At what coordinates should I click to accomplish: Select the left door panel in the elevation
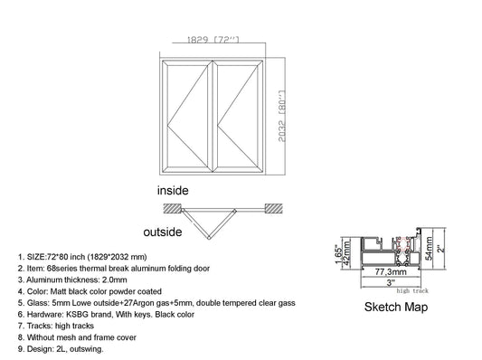[186, 118]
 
